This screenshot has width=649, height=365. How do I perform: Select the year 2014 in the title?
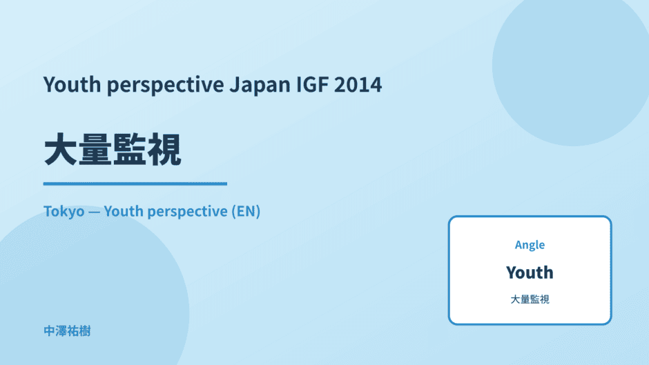pos(358,84)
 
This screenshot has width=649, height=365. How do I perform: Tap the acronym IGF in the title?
pos(313,84)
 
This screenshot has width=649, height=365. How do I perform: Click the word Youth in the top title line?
pos(72,84)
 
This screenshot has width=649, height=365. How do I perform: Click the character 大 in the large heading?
pos(61,150)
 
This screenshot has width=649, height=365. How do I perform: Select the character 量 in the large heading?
pos(95,150)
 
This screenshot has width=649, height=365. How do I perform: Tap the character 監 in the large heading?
pos(129,150)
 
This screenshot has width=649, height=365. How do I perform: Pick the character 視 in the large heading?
pos(164,150)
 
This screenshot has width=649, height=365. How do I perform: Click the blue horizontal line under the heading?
pos(135,184)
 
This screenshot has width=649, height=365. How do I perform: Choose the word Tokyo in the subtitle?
pos(64,212)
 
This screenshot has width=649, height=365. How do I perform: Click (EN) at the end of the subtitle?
pos(246,211)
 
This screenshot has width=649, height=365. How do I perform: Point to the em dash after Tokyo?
pos(95,212)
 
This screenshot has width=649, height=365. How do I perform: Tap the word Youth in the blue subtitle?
pos(124,211)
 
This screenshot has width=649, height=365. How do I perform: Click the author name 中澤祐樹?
pos(67,331)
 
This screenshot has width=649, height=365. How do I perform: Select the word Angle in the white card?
pos(530,246)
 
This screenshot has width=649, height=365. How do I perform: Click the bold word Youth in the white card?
pos(530,273)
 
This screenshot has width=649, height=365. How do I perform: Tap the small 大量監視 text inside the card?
pos(530,299)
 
